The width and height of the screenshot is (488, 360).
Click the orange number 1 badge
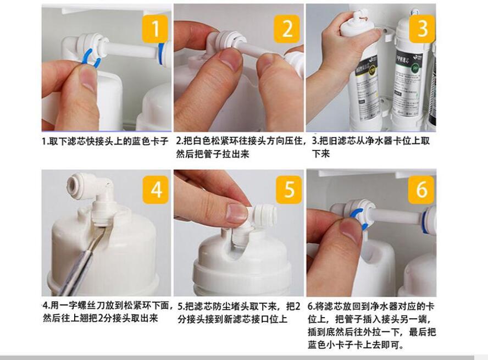coord(155,29)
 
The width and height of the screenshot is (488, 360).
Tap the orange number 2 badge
coord(287,29)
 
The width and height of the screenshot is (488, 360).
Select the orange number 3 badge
coord(422,29)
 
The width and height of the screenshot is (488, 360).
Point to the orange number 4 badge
coord(156,190)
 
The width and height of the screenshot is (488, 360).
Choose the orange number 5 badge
coord(289,190)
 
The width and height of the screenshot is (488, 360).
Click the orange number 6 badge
coord(421,190)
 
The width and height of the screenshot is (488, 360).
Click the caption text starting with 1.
coord(105,141)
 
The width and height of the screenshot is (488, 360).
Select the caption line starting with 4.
coord(107,305)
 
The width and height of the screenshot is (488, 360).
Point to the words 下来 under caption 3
coord(321,153)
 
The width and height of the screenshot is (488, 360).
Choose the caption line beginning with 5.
coord(239,307)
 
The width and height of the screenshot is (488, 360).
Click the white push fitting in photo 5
coord(264,215)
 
